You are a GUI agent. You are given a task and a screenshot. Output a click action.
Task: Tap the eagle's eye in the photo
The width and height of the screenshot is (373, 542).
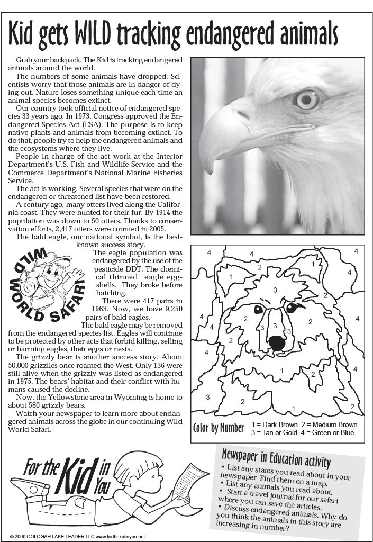pyautogui.click(x=307, y=99)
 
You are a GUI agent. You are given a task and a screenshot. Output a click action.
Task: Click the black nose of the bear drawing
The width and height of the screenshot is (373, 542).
pyautogui.click(x=276, y=342)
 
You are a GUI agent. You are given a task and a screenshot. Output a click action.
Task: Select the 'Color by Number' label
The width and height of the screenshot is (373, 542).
pyautogui.click(x=219, y=428)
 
